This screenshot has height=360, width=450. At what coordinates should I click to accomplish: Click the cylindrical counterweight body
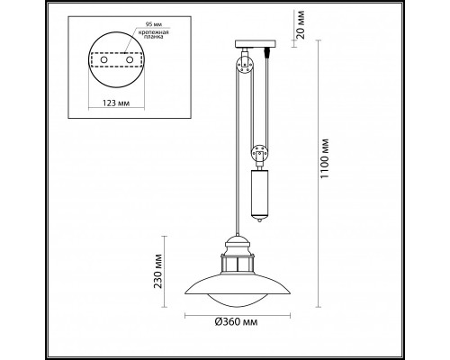click(x=261, y=188)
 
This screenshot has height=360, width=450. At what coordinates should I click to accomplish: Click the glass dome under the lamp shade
click(x=239, y=298)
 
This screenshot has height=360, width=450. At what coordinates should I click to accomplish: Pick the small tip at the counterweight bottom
click(x=261, y=219)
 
